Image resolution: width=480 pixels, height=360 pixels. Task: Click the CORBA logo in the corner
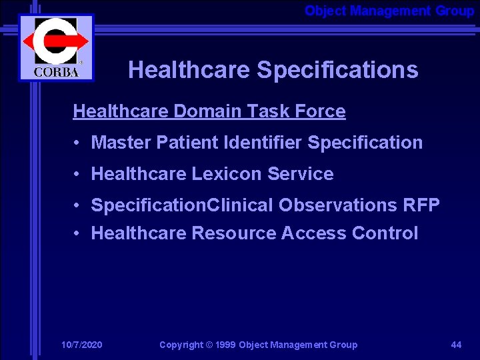56,47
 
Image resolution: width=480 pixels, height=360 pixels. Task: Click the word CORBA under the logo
56,72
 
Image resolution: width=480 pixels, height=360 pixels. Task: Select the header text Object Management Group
389,11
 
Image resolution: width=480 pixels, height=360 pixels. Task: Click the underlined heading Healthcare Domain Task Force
209,111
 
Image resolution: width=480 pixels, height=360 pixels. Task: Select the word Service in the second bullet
300,174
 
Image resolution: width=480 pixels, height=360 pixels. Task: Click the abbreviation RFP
421,205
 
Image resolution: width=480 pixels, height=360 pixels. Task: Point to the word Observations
337,205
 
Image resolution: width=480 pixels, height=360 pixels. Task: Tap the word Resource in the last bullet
234,233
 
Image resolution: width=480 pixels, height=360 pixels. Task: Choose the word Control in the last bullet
385,233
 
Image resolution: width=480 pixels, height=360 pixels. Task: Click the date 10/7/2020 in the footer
81,345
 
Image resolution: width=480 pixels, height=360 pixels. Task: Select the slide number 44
456,345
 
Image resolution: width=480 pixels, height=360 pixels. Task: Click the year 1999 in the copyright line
225,345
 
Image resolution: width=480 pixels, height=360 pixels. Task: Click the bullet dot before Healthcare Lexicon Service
78,174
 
